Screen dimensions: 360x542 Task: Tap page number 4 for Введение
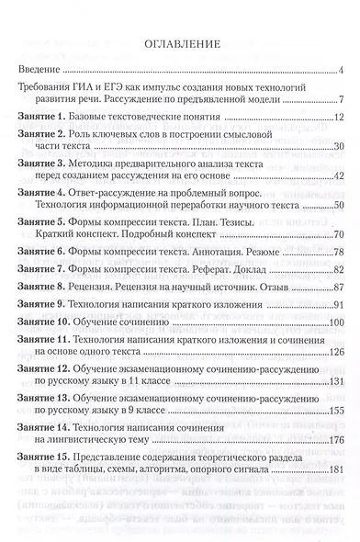(x=340, y=71)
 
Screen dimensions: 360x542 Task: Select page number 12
(x=337, y=119)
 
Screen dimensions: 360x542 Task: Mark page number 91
(x=337, y=305)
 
